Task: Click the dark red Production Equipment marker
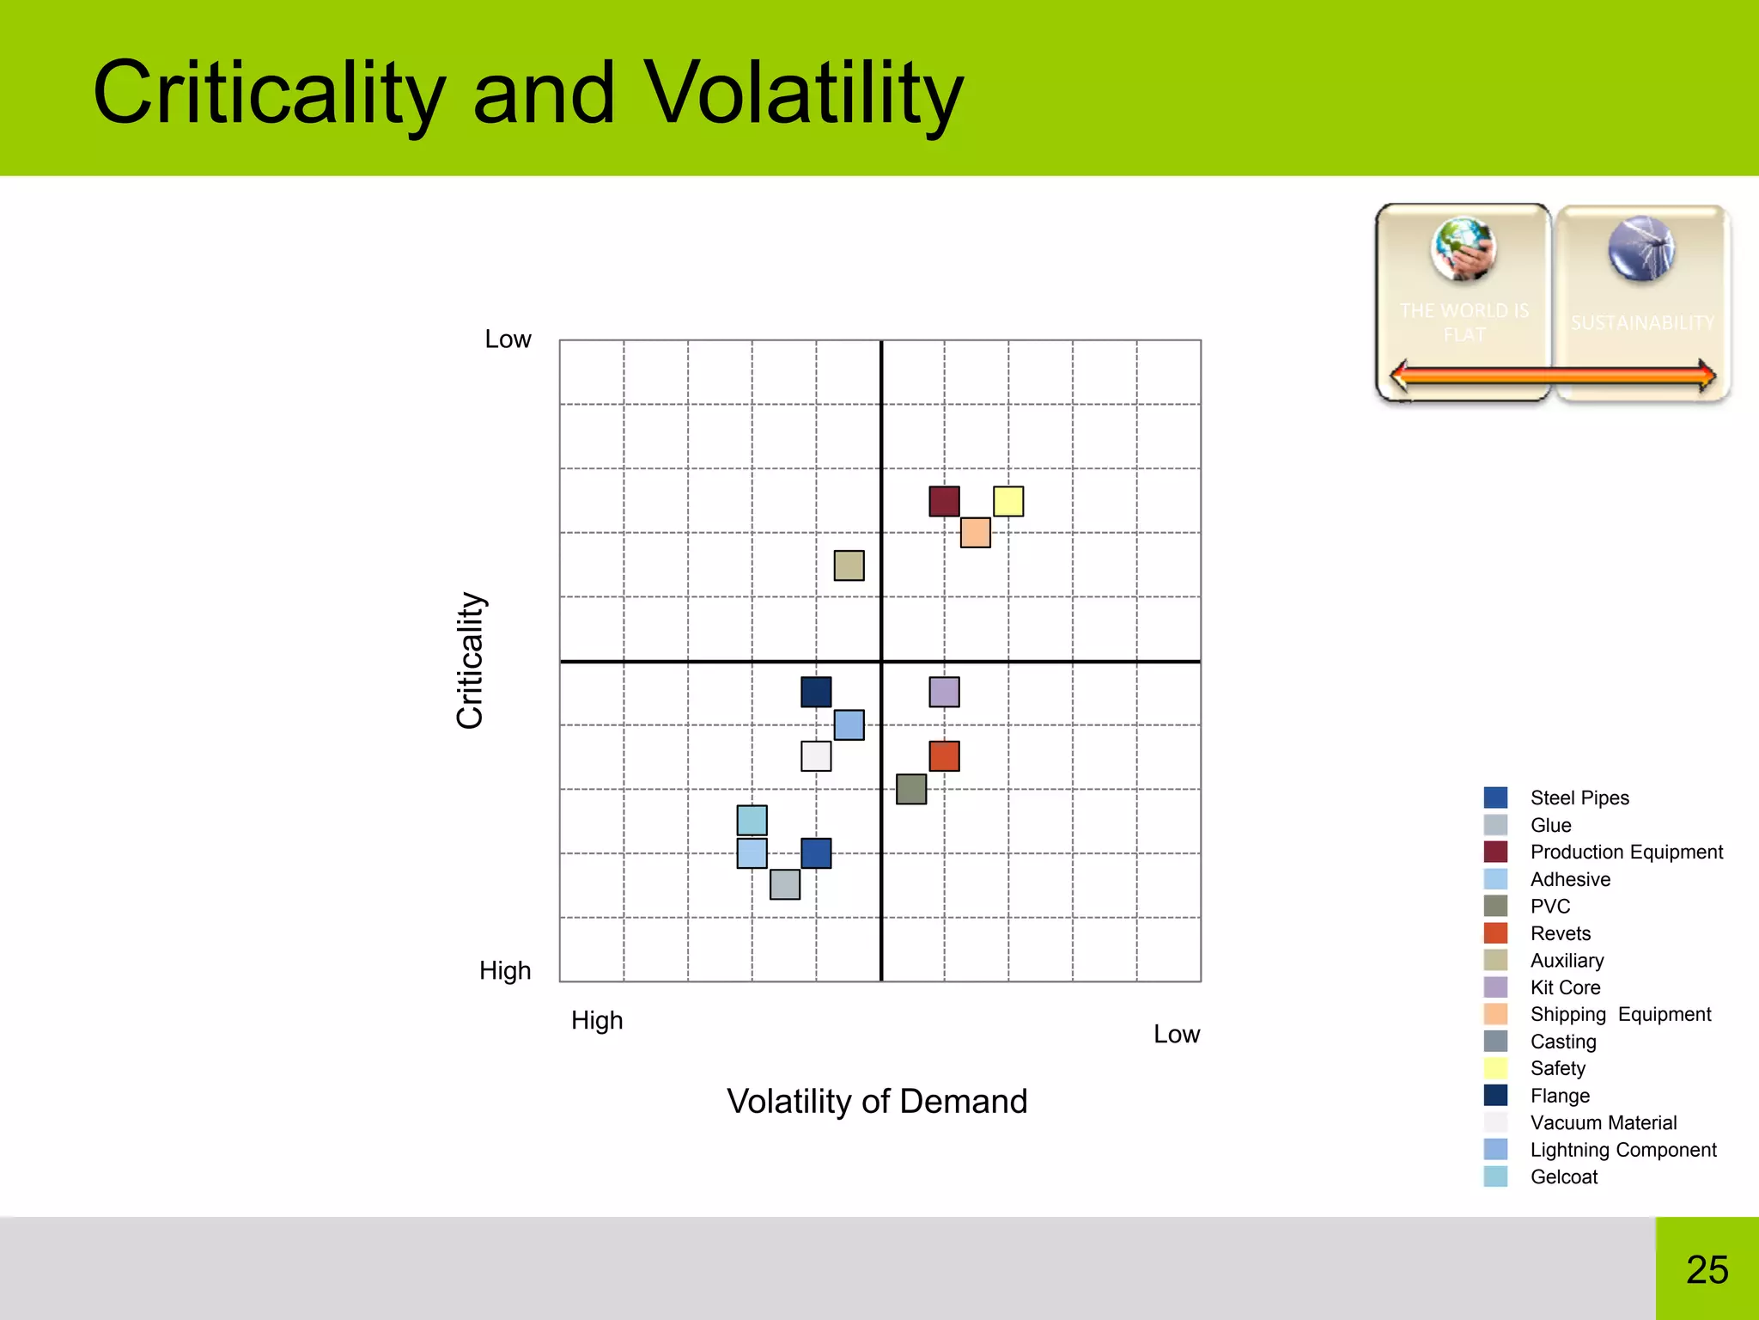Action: (944, 501)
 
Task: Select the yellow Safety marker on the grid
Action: (1007, 501)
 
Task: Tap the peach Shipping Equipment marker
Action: (975, 533)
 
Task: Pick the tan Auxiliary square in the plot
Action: (849, 565)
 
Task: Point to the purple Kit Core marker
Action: (944, 692)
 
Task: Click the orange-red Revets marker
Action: (944, 756)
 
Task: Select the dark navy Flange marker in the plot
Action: (816, 692)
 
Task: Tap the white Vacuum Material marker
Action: (816, 756)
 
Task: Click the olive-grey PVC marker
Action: (911, 789)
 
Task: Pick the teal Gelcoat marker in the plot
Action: (752, 821)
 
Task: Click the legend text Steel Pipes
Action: (1579, 797)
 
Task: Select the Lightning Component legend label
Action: (1622, 1150)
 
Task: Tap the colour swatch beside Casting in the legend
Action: (1495, 1041)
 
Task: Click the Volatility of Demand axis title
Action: (877, 1101)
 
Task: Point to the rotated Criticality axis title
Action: (471, 660)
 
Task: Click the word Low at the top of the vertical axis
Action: (508, 339)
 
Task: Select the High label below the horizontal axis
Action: (597, 1020)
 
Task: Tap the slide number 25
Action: (1707, 1269)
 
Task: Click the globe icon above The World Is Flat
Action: (1464, 249)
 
